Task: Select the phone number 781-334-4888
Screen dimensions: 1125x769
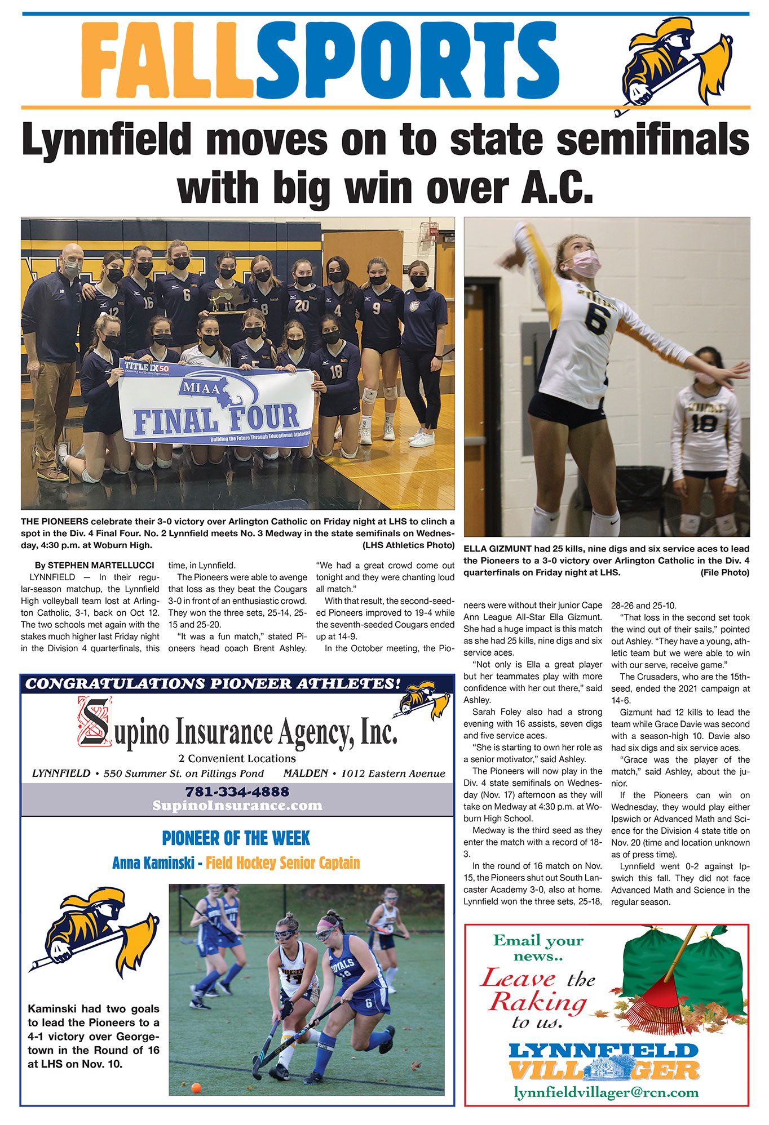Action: click(237, 791)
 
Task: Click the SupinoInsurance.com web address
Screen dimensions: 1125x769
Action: click(237, 806)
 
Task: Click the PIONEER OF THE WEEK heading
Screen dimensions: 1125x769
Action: click(236, 838)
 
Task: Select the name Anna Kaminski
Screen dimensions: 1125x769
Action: click(153, 862)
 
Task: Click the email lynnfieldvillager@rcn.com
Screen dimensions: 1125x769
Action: click(606, 1092)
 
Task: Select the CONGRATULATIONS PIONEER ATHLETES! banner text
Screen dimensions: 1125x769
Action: click(213, 684)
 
